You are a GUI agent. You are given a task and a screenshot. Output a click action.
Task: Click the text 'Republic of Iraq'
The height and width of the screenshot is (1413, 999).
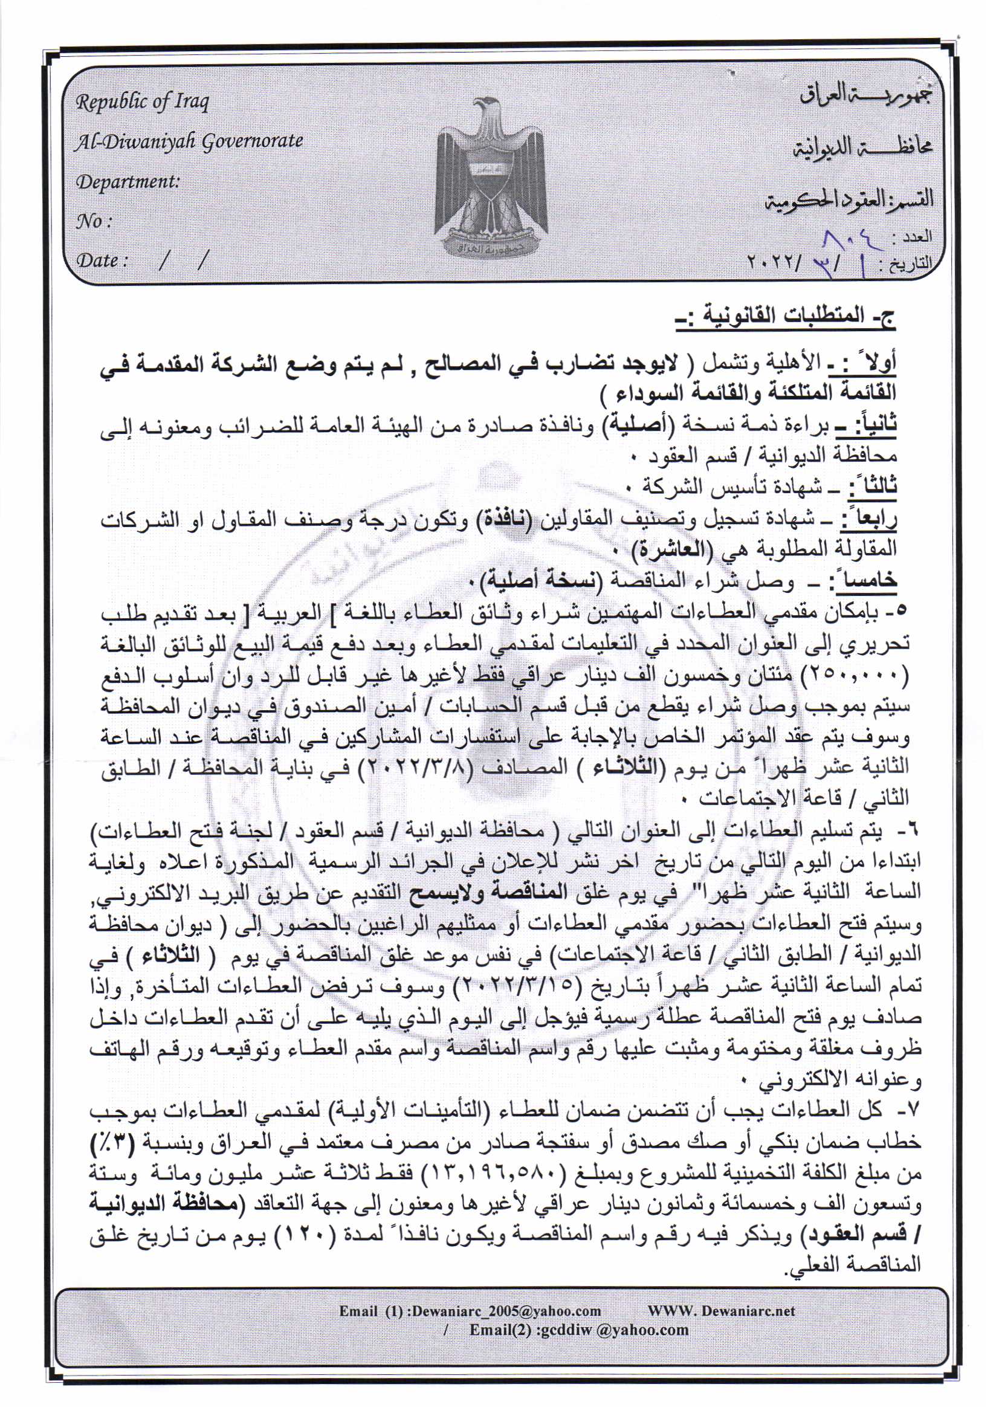142,102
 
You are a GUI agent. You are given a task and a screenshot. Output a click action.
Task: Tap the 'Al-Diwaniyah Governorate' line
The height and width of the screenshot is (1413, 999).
189,141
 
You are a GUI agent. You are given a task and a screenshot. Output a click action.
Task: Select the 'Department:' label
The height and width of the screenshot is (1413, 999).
128,182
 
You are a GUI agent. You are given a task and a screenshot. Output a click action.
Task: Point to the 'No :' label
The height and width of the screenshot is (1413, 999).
94,221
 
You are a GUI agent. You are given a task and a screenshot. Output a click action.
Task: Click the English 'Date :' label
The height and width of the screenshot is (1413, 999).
102,260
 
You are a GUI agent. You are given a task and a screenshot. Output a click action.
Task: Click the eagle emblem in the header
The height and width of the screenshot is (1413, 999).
491,175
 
